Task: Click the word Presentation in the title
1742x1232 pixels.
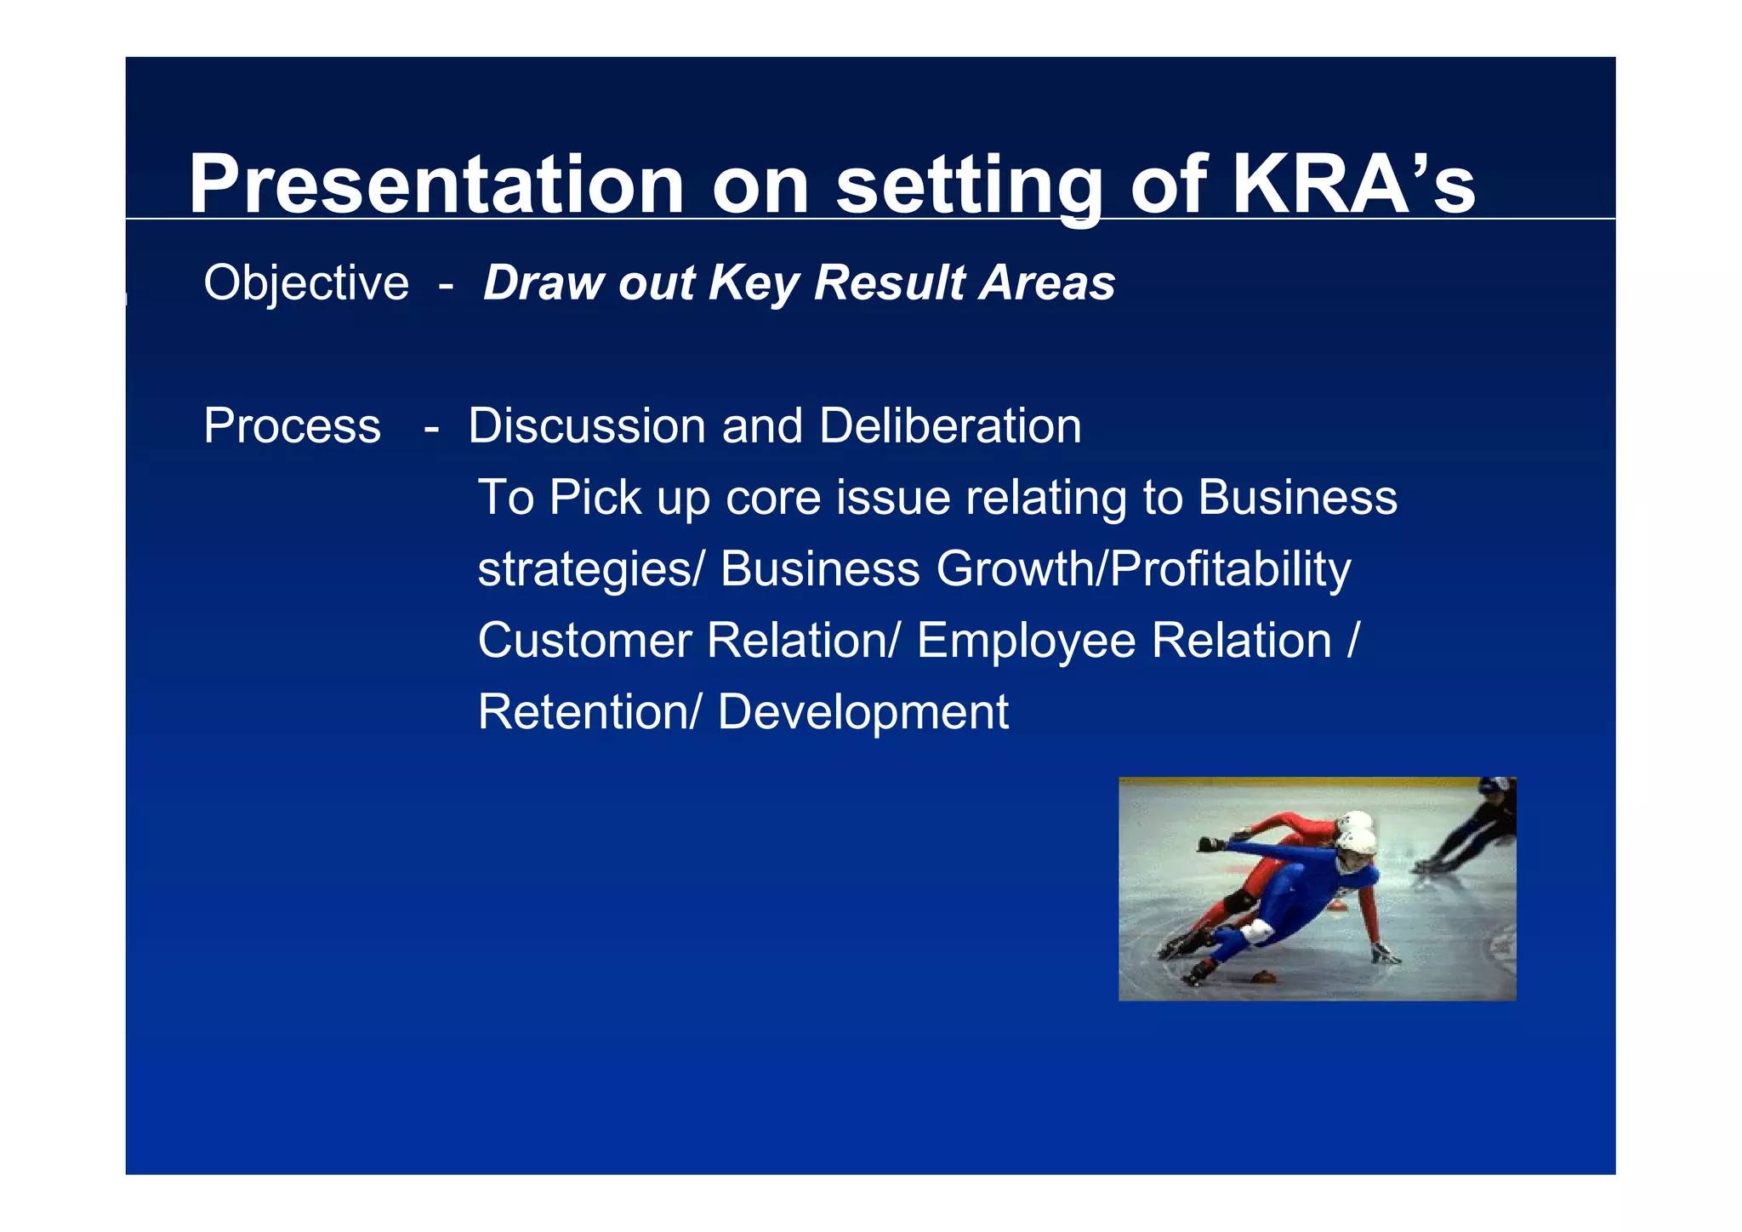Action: [x=435, y=185]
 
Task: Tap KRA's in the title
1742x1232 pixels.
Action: [x=1352, y=185]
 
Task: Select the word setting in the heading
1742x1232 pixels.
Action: [x=969, y=186]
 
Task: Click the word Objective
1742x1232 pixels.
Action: [x=306, y=283]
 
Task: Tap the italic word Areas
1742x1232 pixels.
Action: [x=1046, y=283]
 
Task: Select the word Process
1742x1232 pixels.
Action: [x=292, y=426]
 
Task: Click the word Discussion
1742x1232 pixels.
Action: [x=587, y=426]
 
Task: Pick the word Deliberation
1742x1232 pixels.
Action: [x=950, y=426]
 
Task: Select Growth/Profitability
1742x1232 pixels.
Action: [x=1143, y=569]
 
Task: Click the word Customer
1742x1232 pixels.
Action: [x=584, y=641]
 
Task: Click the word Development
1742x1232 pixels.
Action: [x=862, y=713]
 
